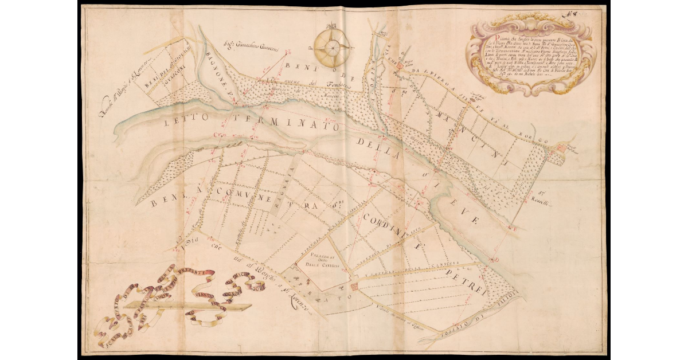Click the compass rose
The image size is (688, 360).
pyautogui.click(x=332, y=46)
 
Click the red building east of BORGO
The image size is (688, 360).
pyautogui.click(x=561, y=148)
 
